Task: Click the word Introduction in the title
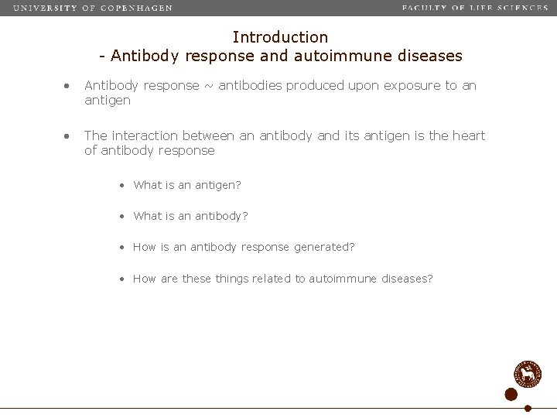click(x=280, y=36)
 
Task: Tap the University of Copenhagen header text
click(x=93, y=8)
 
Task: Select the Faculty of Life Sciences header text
click(x=474, y=8)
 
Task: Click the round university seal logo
click(x=528, y=375)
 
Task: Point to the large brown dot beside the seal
click(x=511, y=395)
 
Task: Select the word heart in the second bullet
click(x=468, y=135)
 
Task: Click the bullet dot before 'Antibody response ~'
click(x=68, y=86)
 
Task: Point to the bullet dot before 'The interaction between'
click(x=68, y=136)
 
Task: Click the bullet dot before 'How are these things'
click(x=123, y=279)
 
